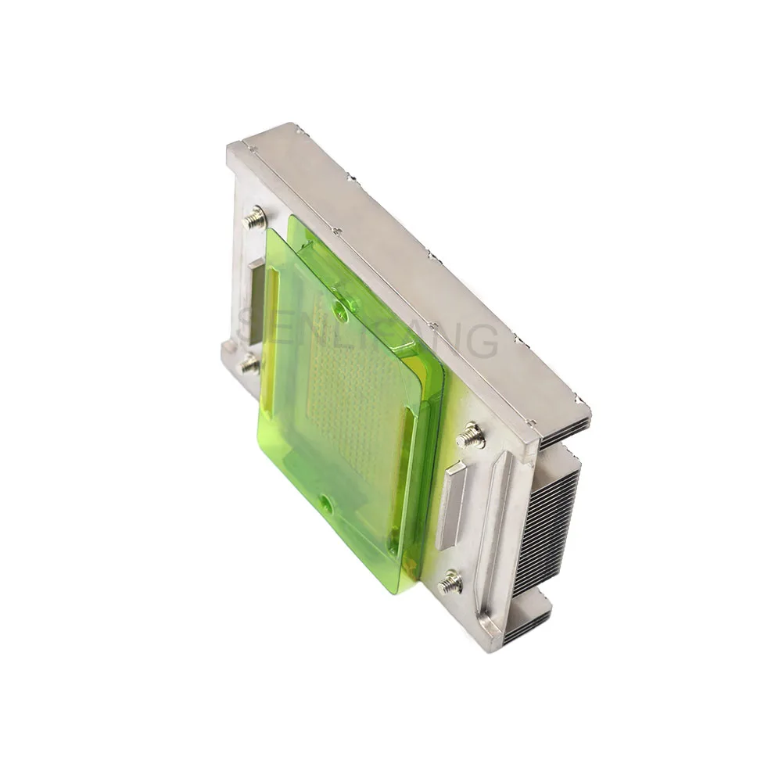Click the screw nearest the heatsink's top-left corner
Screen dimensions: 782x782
255,217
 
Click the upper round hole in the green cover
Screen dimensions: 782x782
341,314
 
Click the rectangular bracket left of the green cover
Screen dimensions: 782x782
255,301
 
